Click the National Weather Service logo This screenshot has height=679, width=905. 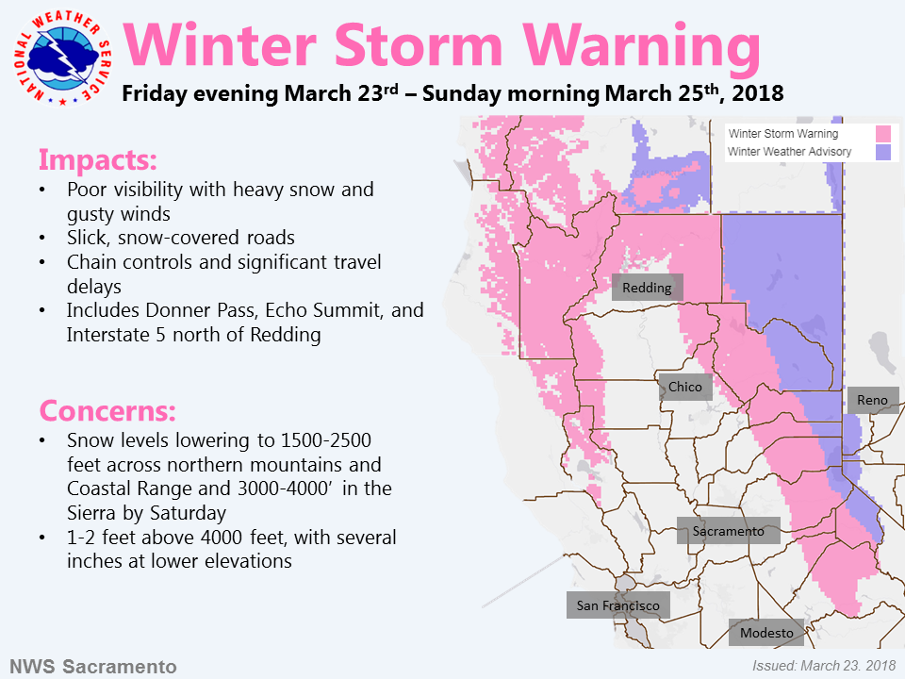(62, 58)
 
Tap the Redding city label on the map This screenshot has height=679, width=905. (647, 287)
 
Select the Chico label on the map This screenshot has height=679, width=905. (685, 387)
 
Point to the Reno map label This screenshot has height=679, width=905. (873, 400)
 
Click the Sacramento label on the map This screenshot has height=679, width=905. (729, 531)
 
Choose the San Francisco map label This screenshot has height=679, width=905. (618, 605)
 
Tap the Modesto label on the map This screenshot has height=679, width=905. (766, 633)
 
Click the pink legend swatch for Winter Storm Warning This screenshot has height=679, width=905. (883, 134)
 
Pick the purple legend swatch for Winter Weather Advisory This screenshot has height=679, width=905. (883, 152)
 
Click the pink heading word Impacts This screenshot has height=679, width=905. (97, 160)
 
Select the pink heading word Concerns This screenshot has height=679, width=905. (107, 410)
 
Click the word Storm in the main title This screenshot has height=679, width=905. (419, 45)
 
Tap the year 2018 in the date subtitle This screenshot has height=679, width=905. (757, 93)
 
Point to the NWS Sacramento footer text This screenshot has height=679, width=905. (93, 667)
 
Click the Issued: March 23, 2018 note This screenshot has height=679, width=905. (824, 666)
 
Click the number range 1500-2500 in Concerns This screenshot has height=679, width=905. (325, 440)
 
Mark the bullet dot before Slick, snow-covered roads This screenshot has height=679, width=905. (42, 238)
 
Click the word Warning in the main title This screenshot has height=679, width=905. (641, 47)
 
